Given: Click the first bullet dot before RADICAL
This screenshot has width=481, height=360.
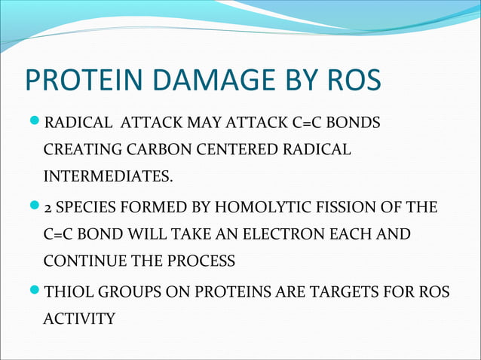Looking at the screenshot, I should click(x=33, y=122).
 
